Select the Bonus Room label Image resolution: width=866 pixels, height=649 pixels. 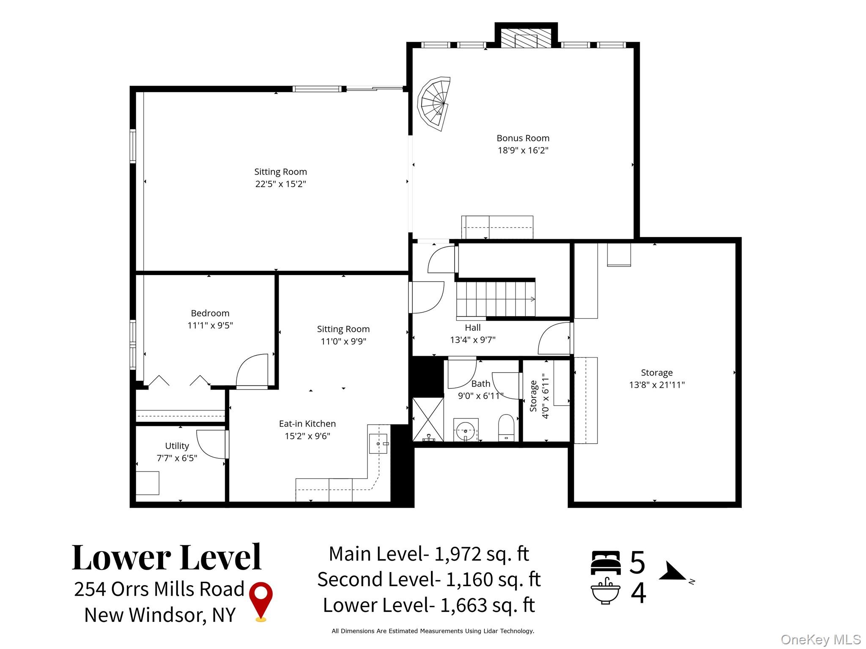[523, 138]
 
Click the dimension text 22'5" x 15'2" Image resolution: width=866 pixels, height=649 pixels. [280, 184]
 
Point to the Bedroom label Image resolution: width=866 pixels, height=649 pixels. [210, 313]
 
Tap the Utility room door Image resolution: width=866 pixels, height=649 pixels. [211, 444]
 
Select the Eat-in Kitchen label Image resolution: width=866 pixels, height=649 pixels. [307, 424]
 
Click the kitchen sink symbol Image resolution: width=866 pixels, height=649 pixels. [378, 444]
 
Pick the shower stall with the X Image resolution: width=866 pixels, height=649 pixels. [428, 420]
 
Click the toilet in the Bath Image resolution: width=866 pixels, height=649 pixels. [506, 427]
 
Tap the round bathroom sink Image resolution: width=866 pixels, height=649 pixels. [466, 430]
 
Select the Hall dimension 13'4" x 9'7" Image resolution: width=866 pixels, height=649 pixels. [473, 340]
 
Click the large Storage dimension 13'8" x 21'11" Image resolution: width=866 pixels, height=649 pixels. [657, 385]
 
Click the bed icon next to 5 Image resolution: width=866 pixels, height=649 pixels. [606, 563]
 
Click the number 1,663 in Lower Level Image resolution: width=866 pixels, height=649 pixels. [463, 605]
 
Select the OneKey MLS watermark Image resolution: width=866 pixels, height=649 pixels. [821, 639]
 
